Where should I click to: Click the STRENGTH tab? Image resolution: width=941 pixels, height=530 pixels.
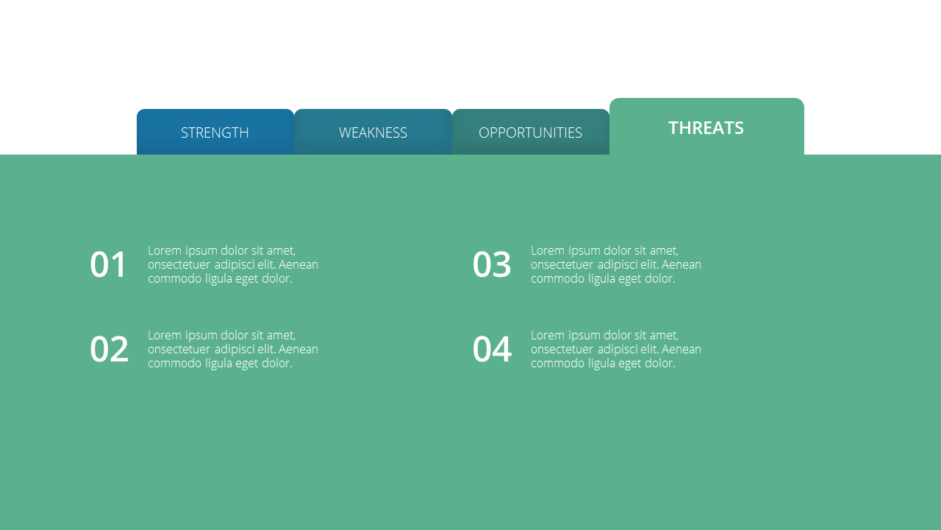[x=215, y=132]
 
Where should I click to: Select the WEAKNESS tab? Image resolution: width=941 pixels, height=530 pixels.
[x=373, y=132]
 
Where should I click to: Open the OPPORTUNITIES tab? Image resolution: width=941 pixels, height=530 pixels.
[x=531, y=132]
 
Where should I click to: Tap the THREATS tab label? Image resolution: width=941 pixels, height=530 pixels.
[x=706, y=128]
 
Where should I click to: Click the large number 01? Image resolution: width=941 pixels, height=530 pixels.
[x=108, y=264]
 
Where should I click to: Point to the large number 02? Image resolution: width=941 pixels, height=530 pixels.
[x=109, y=349]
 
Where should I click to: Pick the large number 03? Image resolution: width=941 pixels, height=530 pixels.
[x=492, y=264]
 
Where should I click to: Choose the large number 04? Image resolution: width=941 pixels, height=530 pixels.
[x=493, y=349]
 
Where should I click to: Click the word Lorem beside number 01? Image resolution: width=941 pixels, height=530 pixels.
[x=165, y=251]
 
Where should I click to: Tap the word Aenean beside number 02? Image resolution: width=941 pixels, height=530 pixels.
[x=298, y=349]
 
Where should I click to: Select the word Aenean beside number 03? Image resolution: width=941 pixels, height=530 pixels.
[x=681, y=264]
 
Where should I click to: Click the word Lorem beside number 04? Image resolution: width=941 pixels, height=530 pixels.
[x=548, y=335]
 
